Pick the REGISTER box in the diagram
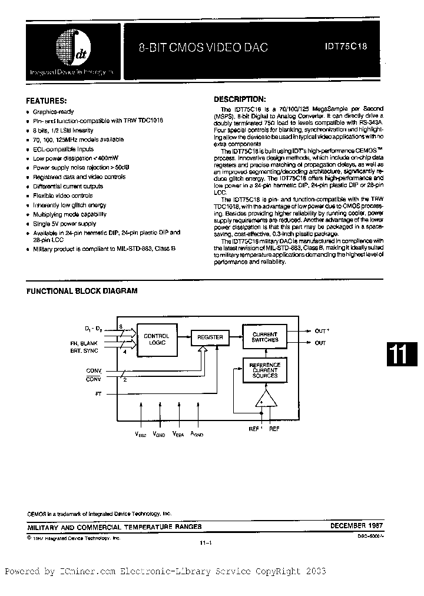point(210,337)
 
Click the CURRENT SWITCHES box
point(264,337)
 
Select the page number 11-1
point(206,544)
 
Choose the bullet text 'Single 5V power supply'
point(64,224)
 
